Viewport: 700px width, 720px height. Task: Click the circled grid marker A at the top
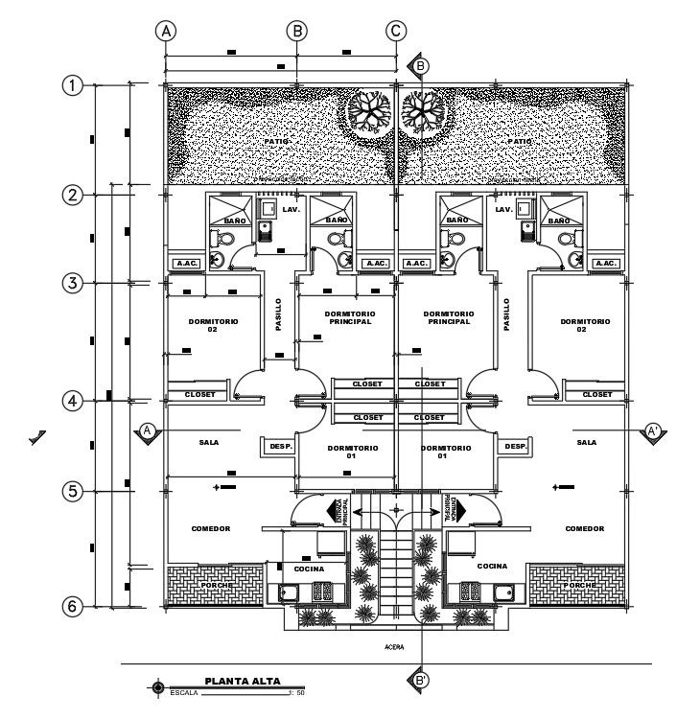[x=167, y=31]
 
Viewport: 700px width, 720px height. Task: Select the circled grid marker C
[x=396, y=31]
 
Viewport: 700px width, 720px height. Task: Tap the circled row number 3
[x=71, y=283]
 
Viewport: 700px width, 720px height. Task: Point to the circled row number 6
[x=71, y=607]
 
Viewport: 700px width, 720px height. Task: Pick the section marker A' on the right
[x=654, y=431]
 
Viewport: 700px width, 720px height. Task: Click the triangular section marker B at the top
[x=420, y=65]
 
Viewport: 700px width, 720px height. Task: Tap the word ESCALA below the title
[x=185, y=691]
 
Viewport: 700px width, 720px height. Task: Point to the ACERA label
[x=394, y=648]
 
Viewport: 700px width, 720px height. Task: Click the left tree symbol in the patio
[x=369, y=109]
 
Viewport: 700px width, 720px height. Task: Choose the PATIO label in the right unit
[x=521, y=141]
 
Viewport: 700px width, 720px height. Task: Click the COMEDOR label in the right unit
[x=584, y=528]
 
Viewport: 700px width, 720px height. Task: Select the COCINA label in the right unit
[x=492, y=567]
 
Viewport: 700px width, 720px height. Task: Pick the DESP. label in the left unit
[x=280, y=447]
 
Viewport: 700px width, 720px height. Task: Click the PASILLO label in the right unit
[x=506, y=314]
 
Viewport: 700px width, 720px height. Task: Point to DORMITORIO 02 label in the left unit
[x=212, y=325]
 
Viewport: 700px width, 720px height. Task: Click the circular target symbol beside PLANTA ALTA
[x=157, y=686]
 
